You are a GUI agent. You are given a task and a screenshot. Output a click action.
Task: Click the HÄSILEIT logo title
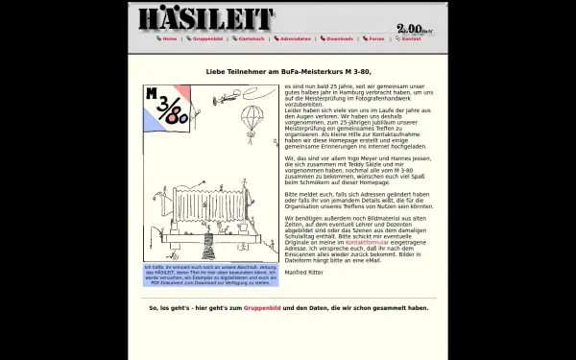(x=204, y=19)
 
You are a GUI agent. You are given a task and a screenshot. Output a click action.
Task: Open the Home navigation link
(x=169, y=39)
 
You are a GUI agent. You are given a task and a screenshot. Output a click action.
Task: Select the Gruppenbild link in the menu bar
(x=208, y=39)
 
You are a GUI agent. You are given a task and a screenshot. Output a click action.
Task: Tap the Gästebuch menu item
(x=252, y=39)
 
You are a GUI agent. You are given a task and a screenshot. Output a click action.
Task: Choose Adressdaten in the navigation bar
(x=296, y=39)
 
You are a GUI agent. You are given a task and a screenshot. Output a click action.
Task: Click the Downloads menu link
(x=340, y=39)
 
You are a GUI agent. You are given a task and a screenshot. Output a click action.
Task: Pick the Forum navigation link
(x=376, y=39)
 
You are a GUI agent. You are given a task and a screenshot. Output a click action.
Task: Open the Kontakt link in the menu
(x=411, y=39)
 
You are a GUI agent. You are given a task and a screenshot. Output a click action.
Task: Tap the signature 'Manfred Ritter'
(x=303, y=273)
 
